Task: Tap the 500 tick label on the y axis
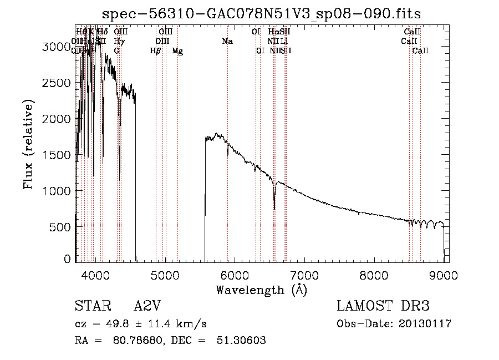(x=61, y=227)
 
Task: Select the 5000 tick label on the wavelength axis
(x=165, y=274)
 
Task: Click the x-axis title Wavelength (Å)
(x=261, y=290)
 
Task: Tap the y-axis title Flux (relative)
(x=29, y=144)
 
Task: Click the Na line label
(x=227, y=41)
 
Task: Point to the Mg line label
(x=177, y=51)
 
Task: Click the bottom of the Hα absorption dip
(x=274, y=209)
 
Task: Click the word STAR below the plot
(x=90, y=307)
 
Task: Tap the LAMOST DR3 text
(x=383, y=307)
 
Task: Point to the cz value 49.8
(x=120, y=324)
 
